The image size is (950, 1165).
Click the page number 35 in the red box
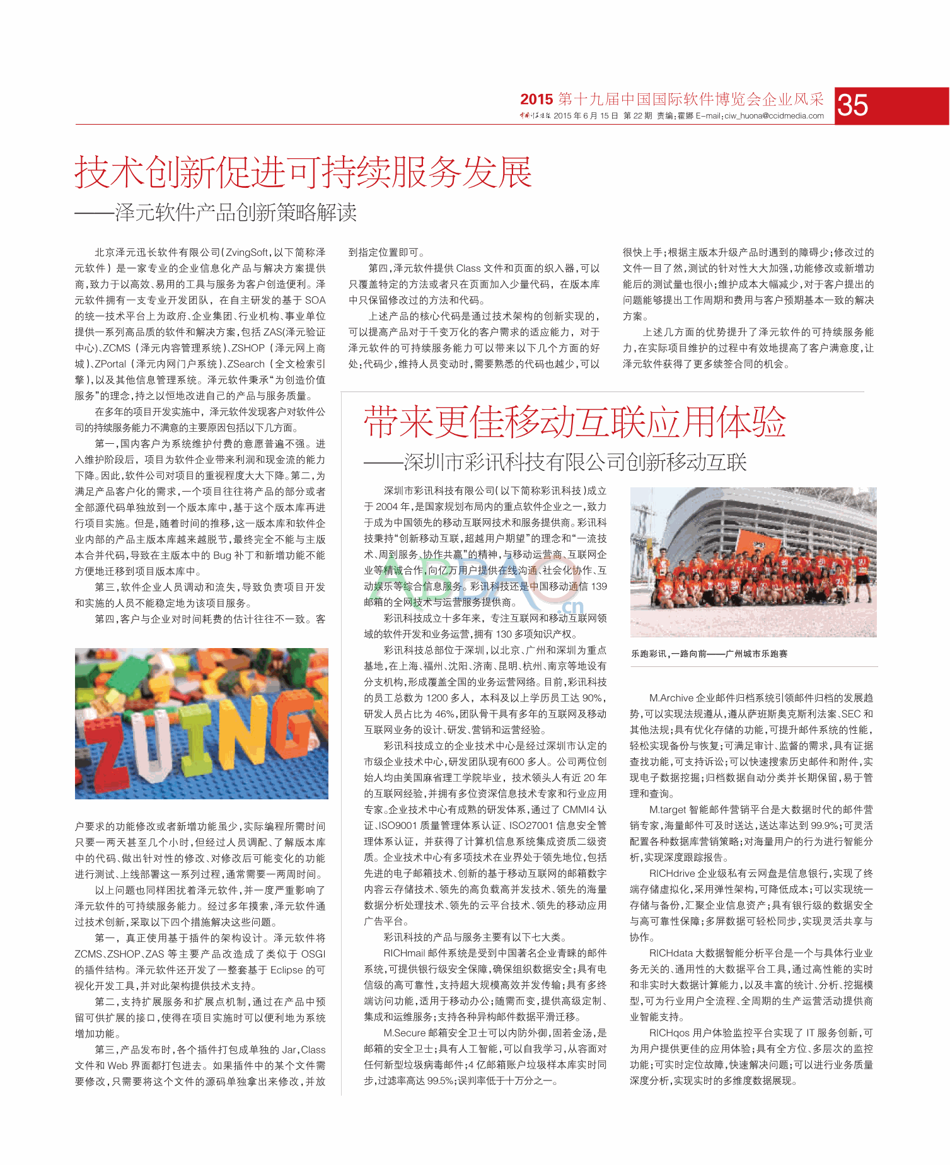(x=854, y=105)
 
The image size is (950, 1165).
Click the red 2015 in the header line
(x=536, y=100)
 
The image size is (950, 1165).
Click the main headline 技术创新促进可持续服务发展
(x=303, y=172)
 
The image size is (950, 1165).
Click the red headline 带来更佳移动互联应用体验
(x=574, y=422)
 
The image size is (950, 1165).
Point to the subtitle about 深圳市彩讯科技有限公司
(x=574, y=462)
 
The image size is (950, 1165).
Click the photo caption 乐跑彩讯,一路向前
(x=709, y=654)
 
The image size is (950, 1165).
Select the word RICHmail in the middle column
(x=404, y=953)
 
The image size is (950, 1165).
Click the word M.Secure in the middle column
(x=404, y=1033)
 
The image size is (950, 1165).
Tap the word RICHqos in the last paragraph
(x=669, y=1033)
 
